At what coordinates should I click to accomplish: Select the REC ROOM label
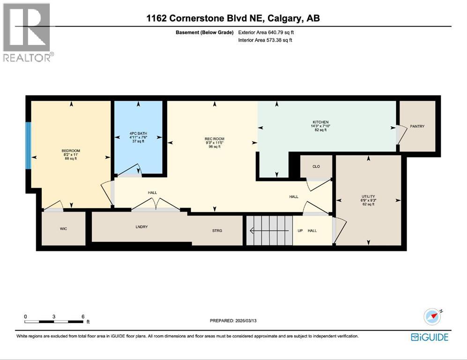point(214,139)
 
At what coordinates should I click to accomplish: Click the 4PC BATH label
point(138,134)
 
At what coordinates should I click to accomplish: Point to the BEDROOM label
point(71,151)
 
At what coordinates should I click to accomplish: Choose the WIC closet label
point(64,229)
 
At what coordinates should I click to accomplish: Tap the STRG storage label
point(216,230)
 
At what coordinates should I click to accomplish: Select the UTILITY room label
point(368,196)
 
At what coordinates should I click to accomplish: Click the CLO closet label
point(316,166)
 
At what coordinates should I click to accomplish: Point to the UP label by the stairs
point(300,231)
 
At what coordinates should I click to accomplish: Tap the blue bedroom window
point(29,145)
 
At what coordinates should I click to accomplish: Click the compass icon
point(432,316)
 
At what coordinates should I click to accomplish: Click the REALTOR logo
point(27,33)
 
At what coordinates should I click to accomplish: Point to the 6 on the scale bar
point(83,316)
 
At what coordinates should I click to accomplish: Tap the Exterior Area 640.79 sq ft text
point(266,33)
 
